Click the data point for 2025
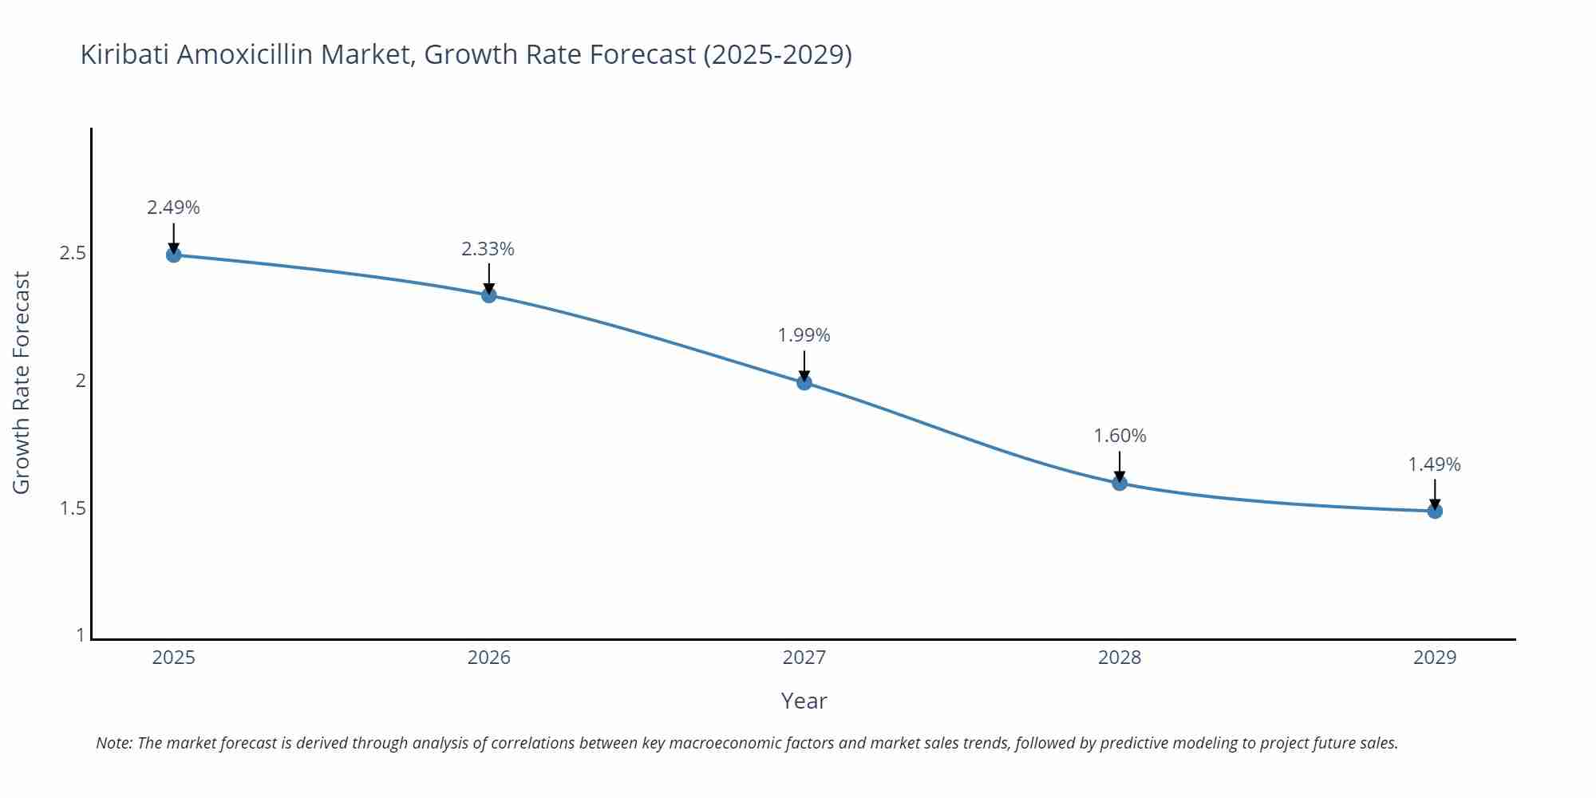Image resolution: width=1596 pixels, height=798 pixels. click(173, 255)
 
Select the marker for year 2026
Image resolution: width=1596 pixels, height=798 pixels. click(489, 295)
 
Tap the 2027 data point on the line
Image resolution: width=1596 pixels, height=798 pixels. click(804, 382)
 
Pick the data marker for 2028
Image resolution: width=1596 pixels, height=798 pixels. click(1120, 483)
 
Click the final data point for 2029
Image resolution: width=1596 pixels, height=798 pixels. click(1435, 511)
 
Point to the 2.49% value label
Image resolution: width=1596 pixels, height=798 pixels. click(173, 207)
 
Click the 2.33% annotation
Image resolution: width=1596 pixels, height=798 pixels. click(488, 249)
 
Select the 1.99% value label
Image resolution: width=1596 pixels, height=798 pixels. click(804, 335)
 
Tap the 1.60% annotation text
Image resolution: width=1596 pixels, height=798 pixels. click(1120, 436)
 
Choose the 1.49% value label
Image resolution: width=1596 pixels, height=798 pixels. click(1434, 464)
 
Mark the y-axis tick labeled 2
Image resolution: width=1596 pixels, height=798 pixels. click(80, 381)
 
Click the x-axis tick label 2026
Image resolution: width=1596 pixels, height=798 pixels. click(489, 658)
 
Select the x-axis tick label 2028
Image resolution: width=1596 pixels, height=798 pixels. click(1120, 658)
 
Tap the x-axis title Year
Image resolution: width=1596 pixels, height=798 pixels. click(804, 701)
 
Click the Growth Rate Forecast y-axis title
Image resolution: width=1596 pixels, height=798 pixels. click(22, 382)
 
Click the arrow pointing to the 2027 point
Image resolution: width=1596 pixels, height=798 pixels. click(804, 366)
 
